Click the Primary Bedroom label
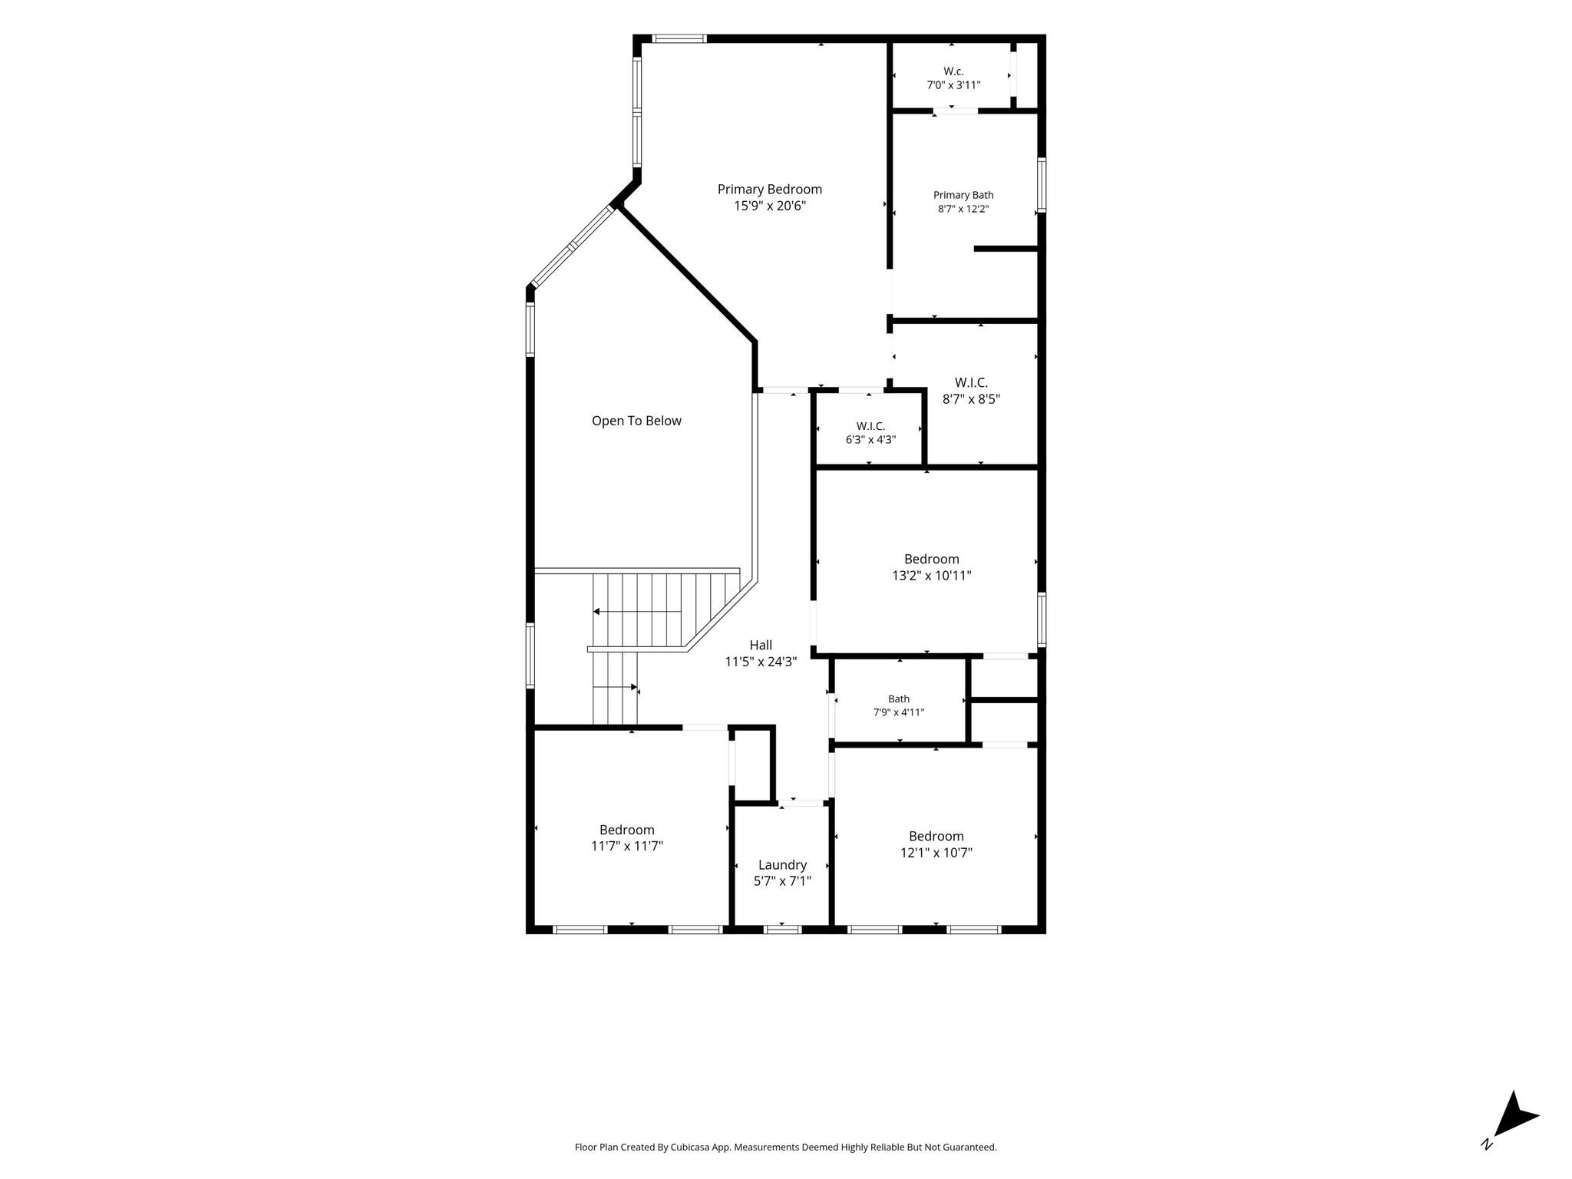point(769,190)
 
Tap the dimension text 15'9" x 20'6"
point(770,206)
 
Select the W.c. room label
point(953,71)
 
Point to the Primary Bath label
point(963,195)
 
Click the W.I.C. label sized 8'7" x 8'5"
point(971,382)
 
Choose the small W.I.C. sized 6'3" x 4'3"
point(870,426)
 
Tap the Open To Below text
point(636,421)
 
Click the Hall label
point(761,646)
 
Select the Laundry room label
point(782,865)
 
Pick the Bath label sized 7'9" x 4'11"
point(899,698)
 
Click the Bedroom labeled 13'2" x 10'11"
point(931,560)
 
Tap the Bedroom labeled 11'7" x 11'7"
point(627,830)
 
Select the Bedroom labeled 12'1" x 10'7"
point(936,836)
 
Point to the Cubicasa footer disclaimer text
point(785,1148)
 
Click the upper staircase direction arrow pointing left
point(637,612)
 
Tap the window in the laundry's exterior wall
point(782,930)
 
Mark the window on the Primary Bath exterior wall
point(1042,184)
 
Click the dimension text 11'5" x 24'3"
point(761,662)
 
